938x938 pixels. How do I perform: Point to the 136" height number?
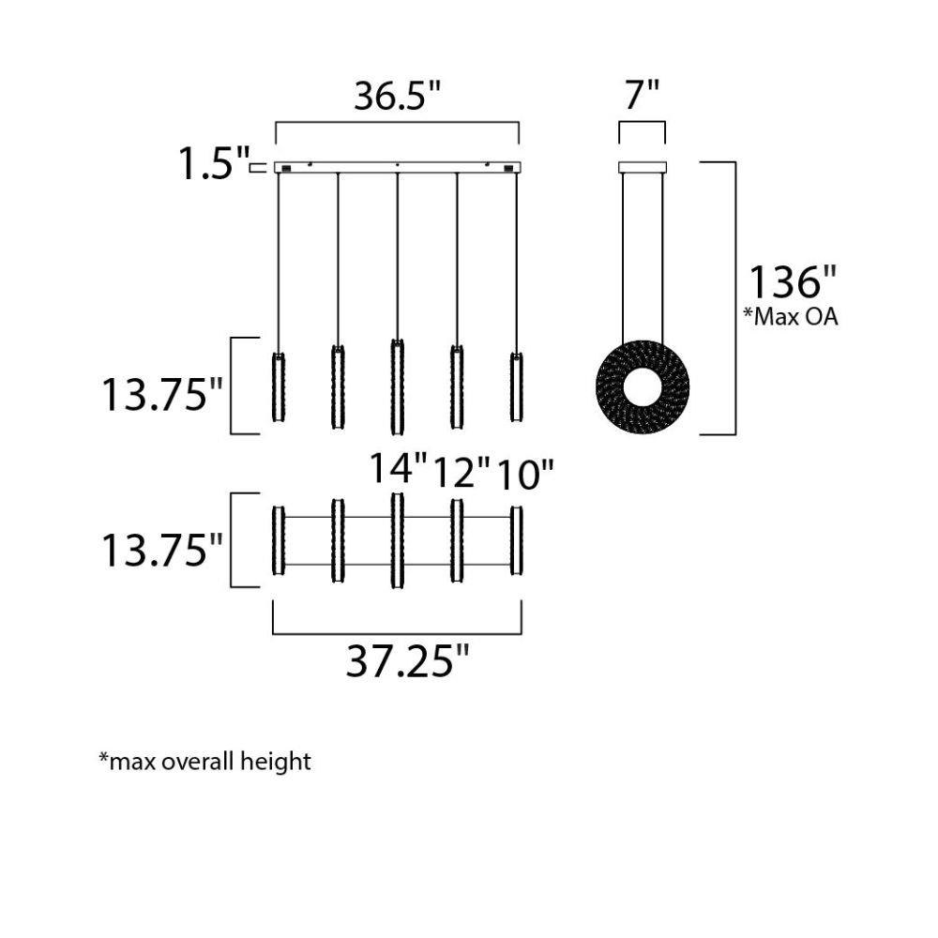792,281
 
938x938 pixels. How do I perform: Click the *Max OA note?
790,316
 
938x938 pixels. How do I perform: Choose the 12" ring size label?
461,473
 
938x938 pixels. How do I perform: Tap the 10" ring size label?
525,475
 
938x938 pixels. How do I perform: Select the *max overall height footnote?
204,761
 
